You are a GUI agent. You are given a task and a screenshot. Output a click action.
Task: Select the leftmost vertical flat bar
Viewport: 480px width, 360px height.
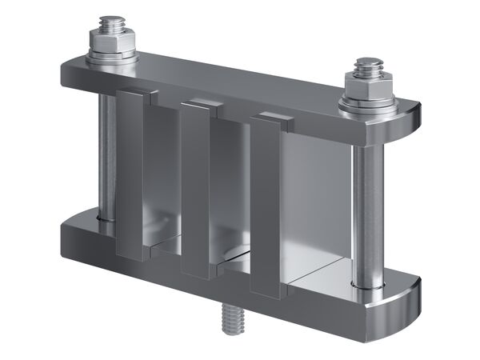tap(130, 176)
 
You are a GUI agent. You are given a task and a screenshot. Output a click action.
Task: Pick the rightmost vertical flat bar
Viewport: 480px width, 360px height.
tap(265, 208)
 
